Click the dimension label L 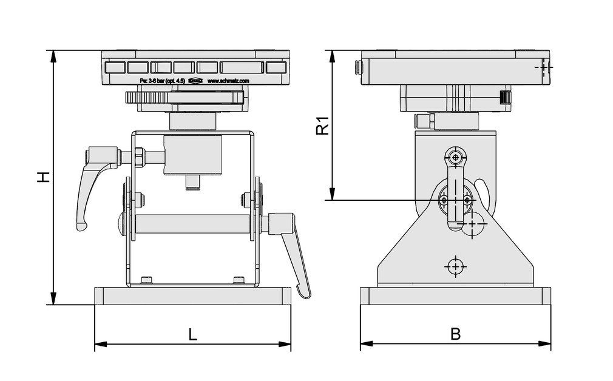(x=192, y=334)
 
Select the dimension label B (x=455, y=334)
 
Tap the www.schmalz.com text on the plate (x=228, y=80)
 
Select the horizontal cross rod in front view (x=192, y=223)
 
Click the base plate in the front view (x=192, y=296)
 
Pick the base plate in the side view (x=455, y=296)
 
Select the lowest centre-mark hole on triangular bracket (x=455, y=265)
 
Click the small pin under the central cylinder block (x=192, y=182)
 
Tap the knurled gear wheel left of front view (x=146, y=98)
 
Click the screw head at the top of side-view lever (x=455, y=157)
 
